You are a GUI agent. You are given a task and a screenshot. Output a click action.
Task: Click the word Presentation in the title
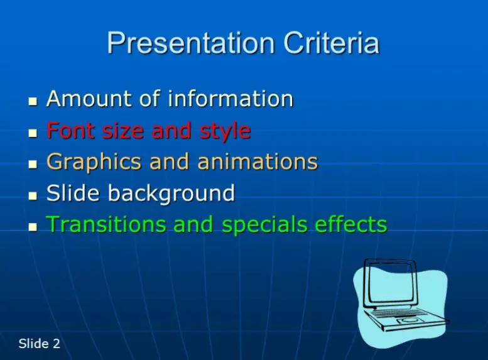(x=191, y=43)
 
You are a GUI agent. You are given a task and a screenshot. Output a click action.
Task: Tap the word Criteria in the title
(x=331, y=42)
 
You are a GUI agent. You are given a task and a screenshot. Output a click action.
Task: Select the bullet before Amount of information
(x=33, y=101)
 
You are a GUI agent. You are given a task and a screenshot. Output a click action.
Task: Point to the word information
(x=230, y=99)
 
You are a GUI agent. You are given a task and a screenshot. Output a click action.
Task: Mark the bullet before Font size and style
(x=33, y=133)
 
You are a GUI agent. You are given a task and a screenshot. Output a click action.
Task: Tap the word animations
(x=258, y=161)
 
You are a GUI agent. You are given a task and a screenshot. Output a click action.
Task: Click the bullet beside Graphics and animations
(x=33, y=164)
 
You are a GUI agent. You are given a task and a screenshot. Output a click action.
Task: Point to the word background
(x=171, y=194)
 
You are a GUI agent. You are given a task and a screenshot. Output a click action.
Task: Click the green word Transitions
(x=106, y=224)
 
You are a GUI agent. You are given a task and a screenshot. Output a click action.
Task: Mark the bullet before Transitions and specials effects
(x=33, y=227)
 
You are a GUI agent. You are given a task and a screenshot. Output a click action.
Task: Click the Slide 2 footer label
(x=39, y=344)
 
